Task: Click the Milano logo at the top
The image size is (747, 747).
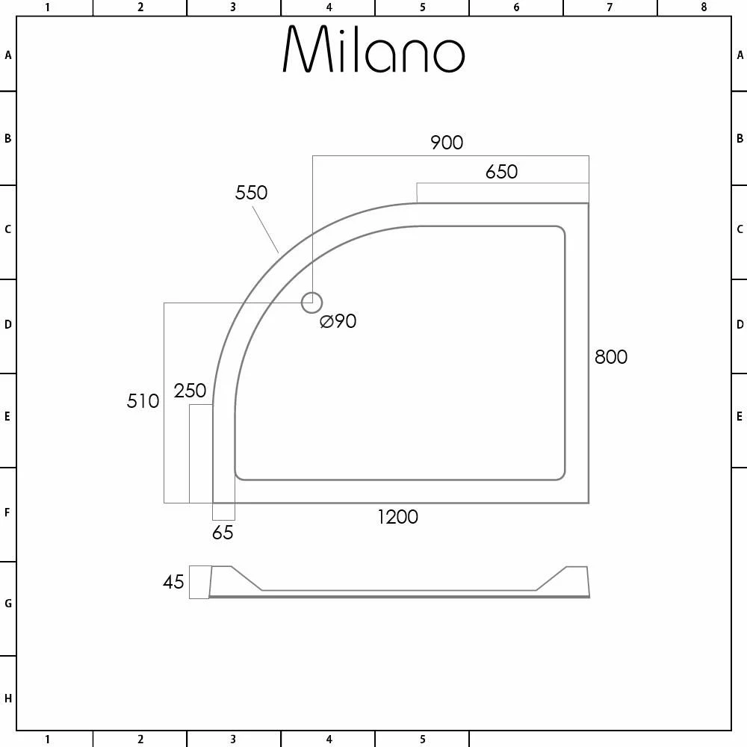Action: (x=373, y=51)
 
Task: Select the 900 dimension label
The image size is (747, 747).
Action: (x=447, y=143)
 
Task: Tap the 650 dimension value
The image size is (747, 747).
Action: (x=501, y=172)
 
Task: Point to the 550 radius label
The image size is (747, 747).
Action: (x=251, y=193)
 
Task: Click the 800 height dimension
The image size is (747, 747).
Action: (x=611, y=357)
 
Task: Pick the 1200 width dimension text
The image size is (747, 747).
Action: (x=397, y=517)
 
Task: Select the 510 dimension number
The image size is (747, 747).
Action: (x=143, y=401)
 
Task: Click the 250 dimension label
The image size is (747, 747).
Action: (x=190, y=391)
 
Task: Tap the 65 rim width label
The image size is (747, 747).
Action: (x=223, y=533)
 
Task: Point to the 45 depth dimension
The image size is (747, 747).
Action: (x=173, y=582)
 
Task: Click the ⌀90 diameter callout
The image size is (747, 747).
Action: (x=338, y=321)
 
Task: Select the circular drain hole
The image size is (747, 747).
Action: (x=311, y=303)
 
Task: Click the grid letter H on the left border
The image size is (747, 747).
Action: (x=8, y=699)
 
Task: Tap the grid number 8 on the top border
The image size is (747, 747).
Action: (x=703, y=7)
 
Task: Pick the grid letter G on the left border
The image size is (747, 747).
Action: (x=8, y=604)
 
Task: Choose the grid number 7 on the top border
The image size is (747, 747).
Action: (x=610, y=7)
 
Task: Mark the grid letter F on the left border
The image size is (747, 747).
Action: (x=8, y=512)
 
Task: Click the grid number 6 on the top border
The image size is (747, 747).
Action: (x=516, y=7)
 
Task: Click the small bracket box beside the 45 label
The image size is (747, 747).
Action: (x=199, y=582)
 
